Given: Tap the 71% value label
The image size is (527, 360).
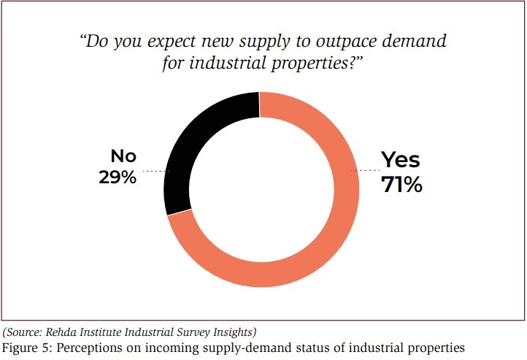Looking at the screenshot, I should (x=401, y=185).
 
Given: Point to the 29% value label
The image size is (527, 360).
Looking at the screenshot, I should (x=118, y=177).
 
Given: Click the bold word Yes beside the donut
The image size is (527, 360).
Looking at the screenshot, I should (x=401, y=160).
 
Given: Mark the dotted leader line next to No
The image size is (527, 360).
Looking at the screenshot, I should (x=155, y=172).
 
